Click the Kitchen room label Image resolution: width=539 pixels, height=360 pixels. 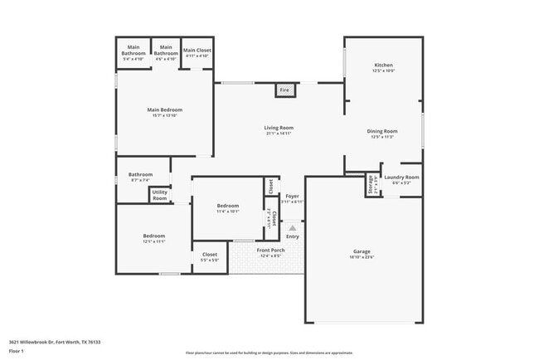pos(383,65)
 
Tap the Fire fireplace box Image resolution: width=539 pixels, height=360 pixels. pos(284,90)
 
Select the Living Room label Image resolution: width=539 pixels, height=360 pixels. pos(279,128)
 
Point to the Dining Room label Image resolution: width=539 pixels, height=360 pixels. pos(383,131)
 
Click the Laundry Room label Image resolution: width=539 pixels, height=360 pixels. pos(401,177)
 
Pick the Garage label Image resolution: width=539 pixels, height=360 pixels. pos(362,251)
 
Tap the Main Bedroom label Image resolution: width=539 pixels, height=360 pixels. pos(165,109)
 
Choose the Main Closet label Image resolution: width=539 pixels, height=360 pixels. pos(197,51)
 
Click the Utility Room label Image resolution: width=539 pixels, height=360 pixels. pos(159,196)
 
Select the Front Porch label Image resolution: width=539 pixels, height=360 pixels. pos(270,250)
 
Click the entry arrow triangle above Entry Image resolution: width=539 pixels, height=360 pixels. pos(292,227)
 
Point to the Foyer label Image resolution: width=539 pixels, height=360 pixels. pos(292,197)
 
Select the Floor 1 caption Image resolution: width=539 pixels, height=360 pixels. pos(17,351)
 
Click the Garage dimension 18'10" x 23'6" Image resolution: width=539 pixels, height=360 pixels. pos(362,257)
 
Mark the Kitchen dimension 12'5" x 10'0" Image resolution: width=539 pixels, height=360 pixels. pos(383,71)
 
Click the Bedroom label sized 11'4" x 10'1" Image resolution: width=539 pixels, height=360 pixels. pos(228,206)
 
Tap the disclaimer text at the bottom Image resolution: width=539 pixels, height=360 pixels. pos(269,353)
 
